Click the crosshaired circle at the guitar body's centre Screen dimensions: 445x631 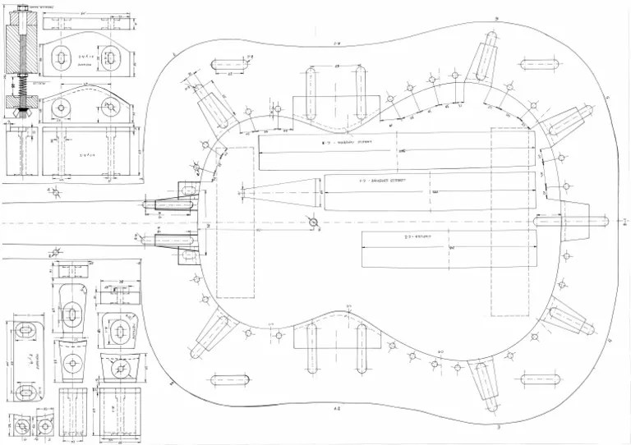[312, 222]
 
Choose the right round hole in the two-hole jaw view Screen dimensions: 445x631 [109, 107]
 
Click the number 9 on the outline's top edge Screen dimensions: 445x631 [497, 18]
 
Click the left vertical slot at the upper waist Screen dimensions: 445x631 [311, 92]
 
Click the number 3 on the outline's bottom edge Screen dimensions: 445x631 [497, 429]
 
